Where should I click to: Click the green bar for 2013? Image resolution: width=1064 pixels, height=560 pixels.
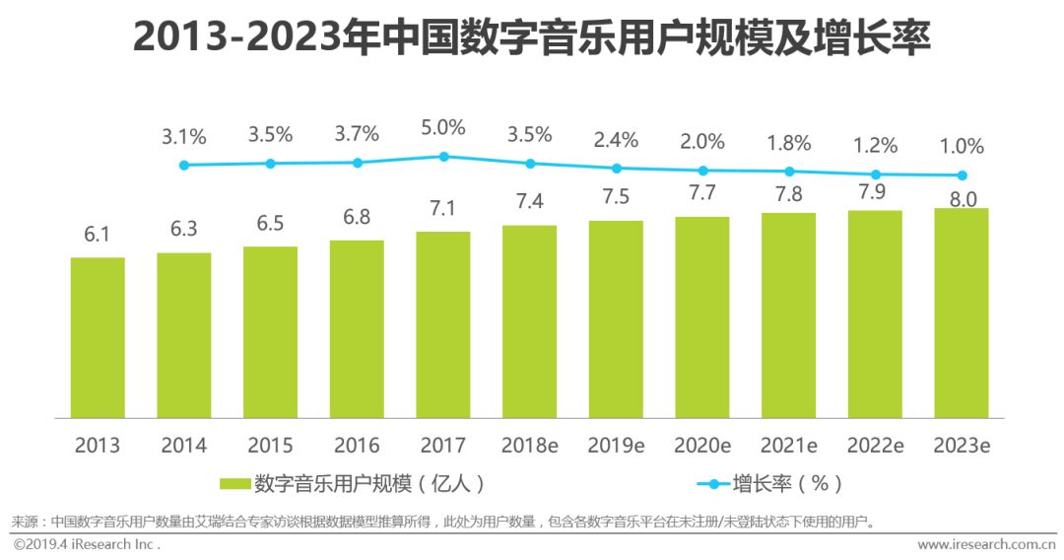(x=98, y=337)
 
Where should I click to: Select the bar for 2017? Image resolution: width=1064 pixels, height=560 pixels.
(x=443, y=324)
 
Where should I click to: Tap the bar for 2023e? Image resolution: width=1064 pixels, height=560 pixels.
(x=962, y=313)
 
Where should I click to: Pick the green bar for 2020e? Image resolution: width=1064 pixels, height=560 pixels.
(x=702, y=316)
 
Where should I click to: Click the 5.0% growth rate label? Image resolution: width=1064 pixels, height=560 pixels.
(x=444, y=128)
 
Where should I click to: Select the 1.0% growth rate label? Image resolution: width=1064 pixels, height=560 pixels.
(x=962, y=146)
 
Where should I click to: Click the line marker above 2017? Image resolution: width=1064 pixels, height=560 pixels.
(x=444, y=156)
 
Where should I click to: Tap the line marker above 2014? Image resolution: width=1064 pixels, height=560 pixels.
(x=184, y=165)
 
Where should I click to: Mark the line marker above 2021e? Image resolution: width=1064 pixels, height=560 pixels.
(x=789, y=172)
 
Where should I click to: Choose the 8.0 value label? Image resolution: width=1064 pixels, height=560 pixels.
(x=962, y=198)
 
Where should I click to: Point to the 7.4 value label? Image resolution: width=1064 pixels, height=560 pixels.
(x=530, y=202)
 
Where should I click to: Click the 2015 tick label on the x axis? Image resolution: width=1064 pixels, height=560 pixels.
(x=271, y=445)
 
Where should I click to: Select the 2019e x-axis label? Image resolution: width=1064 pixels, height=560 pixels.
(x=616, y=445)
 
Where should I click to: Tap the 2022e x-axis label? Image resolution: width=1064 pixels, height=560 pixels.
(x=875, y=445)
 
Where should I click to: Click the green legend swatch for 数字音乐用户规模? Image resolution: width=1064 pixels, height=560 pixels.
(x=234, y=483)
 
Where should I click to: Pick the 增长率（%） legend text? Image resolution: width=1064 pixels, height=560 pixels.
(x=788, y=483)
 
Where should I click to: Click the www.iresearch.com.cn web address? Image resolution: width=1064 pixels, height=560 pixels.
(x=986, y=544)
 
